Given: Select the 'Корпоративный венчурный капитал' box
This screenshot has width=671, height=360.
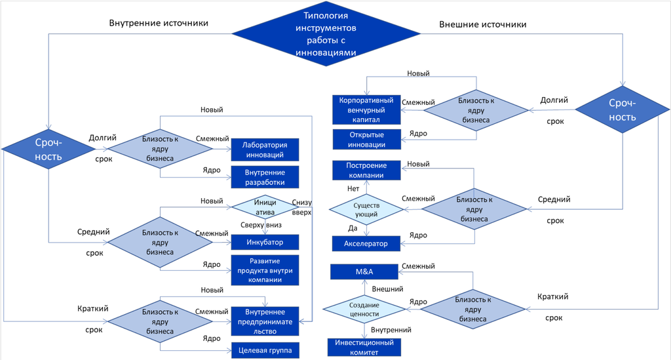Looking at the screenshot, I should coord(366,110).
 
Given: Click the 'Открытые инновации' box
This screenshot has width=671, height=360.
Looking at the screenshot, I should coord(366,139).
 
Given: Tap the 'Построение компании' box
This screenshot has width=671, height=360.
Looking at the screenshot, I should coord(366,170).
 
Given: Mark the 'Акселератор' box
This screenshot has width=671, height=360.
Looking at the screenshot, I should coord(366,244).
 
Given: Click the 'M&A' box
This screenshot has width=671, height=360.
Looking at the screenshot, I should coord(364,271).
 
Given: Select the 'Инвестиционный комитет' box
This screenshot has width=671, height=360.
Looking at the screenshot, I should coord(364,347).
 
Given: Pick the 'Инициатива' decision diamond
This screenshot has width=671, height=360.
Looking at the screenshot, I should coord(265,207).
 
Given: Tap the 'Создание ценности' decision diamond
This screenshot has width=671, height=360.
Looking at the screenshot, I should coord(364,310).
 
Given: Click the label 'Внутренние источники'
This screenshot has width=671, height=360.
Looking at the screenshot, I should coord(158,24).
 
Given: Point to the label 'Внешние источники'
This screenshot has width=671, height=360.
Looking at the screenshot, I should coord(482,25).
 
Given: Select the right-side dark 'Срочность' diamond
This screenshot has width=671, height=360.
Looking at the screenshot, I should coord(622,110).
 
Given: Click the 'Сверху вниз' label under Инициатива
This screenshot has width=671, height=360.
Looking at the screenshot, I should coord(261,224).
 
